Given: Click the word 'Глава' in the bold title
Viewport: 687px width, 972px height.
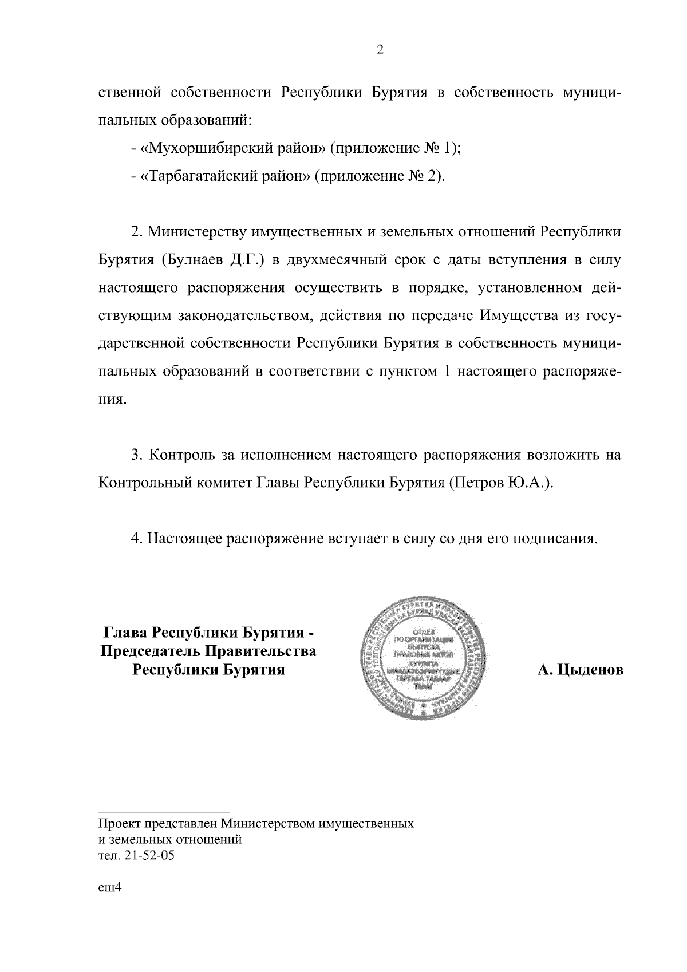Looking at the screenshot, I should pyautogui.click(x=124, y=634).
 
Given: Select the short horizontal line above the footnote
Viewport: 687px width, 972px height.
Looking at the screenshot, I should pyautogui.click(x=164, y=811).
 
